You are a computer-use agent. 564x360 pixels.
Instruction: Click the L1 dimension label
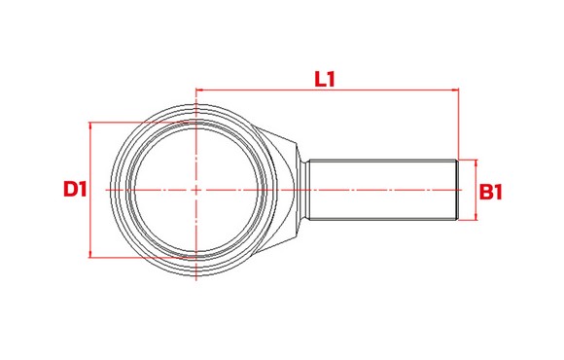point(325,79)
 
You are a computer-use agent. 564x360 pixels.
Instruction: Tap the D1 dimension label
point(75,189)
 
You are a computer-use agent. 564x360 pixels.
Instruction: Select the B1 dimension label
point(491,192)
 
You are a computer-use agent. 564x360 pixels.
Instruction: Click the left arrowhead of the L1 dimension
point(199,90)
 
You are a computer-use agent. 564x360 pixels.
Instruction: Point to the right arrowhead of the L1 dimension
point(455,90)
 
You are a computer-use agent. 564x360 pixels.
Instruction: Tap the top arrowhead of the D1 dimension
point(89,126)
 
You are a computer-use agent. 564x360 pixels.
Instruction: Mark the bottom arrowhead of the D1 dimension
point(89,254)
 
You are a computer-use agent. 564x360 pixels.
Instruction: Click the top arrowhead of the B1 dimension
point(476,163)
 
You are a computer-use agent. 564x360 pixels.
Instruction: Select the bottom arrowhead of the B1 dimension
point(476,216)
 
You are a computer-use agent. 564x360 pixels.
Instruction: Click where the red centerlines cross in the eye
point(196,190)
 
